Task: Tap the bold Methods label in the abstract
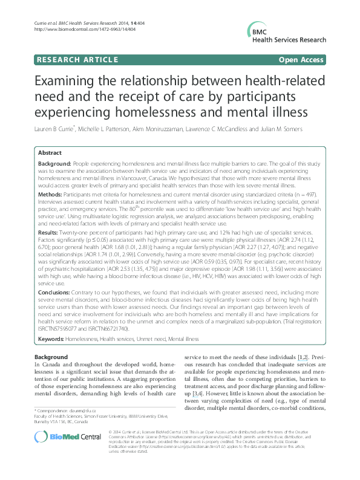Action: click(51, 195)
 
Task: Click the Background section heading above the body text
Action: click(51, 357)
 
